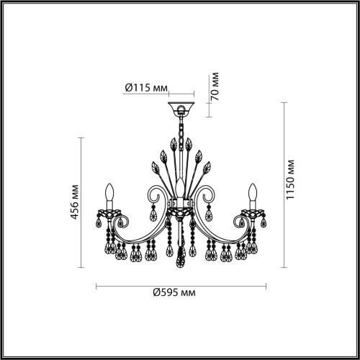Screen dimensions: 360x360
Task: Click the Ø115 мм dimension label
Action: tap(145, 89)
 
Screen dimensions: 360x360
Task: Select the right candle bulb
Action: tap(252, 193)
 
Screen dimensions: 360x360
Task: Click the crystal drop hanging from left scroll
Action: tap(151, 214)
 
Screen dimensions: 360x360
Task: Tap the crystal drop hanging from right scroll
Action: tap(209, 214)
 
